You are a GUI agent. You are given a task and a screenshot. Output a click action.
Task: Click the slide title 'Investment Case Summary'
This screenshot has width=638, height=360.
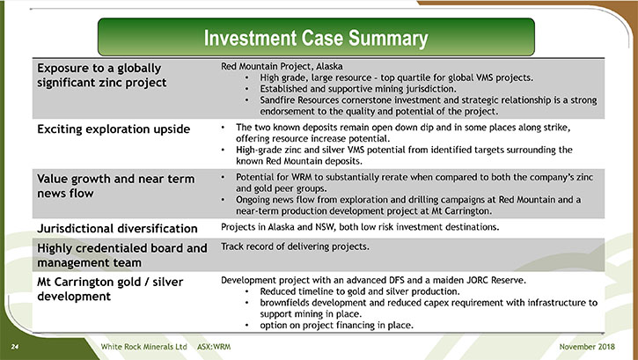coord(316,38)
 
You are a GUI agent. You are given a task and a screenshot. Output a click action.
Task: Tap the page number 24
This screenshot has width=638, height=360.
coord(15,347)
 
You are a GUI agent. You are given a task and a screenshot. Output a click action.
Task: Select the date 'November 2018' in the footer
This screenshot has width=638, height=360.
coord(587,347)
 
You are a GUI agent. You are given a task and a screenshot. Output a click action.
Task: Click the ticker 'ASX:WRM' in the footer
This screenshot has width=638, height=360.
coord(214,347)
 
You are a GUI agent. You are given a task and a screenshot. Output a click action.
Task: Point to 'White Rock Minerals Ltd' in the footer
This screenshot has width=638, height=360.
coord(143,347)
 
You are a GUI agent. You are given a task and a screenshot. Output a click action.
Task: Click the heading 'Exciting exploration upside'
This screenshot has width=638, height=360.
coord(114,129)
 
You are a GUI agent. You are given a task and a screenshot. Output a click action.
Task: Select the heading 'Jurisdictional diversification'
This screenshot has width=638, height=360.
coord(117,228)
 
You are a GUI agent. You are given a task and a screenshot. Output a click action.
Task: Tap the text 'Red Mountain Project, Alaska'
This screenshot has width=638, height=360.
coord(282,66)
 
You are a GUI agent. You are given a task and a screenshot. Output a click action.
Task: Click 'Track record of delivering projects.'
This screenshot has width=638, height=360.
coord(295,246)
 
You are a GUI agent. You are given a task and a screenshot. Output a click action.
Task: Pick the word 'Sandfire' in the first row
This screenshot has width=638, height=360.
coord(277,100)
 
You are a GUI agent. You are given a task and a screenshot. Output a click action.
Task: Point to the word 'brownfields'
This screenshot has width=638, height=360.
coord(284,303)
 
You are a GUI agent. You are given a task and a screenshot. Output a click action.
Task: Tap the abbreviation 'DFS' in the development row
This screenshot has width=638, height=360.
coord(396,280)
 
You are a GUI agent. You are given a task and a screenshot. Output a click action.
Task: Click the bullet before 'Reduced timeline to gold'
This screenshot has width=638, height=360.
coord(247,292)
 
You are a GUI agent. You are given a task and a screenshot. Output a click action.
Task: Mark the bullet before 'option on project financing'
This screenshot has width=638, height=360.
coord(247,326)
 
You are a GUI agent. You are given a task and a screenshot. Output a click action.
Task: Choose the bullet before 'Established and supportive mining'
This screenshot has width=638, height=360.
coord(247,89)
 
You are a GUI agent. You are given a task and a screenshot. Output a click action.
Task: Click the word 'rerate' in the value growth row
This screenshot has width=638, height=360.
coord(394,177)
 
